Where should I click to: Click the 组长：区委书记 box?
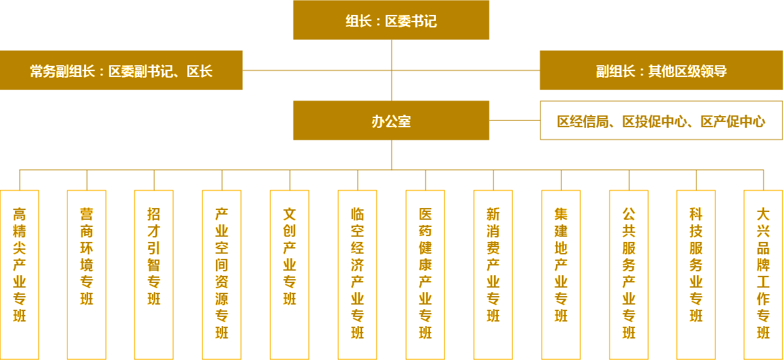coord(391,20)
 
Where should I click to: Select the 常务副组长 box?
coord(121,70)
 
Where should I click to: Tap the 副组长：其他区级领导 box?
coord(661,70)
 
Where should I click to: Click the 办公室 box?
coord(391,121)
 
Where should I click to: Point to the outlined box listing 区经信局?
coord(661,121)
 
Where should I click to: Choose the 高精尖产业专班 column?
coord(20,274)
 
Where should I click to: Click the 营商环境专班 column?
coord(87,274)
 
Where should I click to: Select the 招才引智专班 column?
coord(154,274)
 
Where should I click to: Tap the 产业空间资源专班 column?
coord(222,274)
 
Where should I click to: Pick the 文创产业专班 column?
coord(290,274)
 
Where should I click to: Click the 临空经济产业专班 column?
coord(358,274)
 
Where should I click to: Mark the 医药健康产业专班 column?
coord(425,274)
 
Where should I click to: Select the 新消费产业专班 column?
coord(493,274)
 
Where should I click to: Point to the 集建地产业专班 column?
coord(561,274)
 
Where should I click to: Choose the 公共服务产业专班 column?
coord(629,274)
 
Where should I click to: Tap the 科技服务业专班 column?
coord(696,274)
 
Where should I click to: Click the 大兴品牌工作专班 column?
coord(763,274)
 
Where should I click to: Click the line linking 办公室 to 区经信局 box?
coord(514,120)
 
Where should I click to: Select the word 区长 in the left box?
coord(200,71)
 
